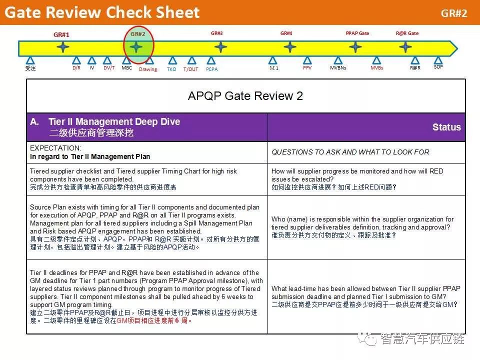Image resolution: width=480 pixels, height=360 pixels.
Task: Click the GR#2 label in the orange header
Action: point(454,13)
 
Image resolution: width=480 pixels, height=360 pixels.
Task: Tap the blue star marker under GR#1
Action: point(63,47)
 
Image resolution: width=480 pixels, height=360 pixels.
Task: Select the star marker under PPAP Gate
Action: point(355,47)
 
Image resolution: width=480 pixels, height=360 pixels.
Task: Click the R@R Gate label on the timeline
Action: point(407,33)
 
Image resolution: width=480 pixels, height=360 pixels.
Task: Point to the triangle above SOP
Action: point(438,60)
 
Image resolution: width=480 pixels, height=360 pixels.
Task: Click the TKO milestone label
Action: point(171,69)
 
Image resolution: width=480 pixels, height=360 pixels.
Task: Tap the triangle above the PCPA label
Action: point(211,60)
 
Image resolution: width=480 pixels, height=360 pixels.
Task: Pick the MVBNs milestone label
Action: point(338,67)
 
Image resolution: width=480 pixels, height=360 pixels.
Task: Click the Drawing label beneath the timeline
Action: point(148,69)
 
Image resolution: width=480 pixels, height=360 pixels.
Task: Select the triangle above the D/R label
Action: point(76,60)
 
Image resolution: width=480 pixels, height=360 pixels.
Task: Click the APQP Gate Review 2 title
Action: point(245,96)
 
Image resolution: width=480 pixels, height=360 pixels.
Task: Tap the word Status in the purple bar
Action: point(446,127)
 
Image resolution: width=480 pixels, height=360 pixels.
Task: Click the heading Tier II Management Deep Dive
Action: point(114,122)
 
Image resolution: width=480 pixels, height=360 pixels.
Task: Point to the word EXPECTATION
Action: point(55,148)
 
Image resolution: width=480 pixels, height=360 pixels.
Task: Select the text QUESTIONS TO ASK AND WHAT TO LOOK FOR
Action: point(350,152)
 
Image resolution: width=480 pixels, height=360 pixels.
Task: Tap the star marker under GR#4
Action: point(289,47)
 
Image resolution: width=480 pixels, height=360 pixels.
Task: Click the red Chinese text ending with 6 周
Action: point(154,320)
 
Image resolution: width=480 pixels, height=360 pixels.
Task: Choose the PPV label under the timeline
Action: point(307,67)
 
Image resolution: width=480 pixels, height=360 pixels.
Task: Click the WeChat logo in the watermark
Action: point(367,338)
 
